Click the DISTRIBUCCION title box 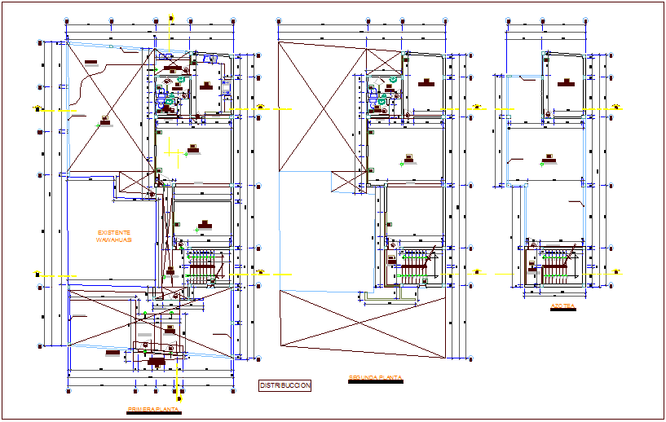(x=284, y=385)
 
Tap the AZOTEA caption (x=563, y=307)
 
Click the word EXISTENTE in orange (x=113, y=232)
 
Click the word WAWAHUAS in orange (x=113, y=241)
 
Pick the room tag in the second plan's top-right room (x=425, y=82)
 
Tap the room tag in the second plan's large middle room (x=408, y=156)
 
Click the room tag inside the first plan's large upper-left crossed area (x=104, y=122)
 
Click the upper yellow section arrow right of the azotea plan (x=617, y=107)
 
